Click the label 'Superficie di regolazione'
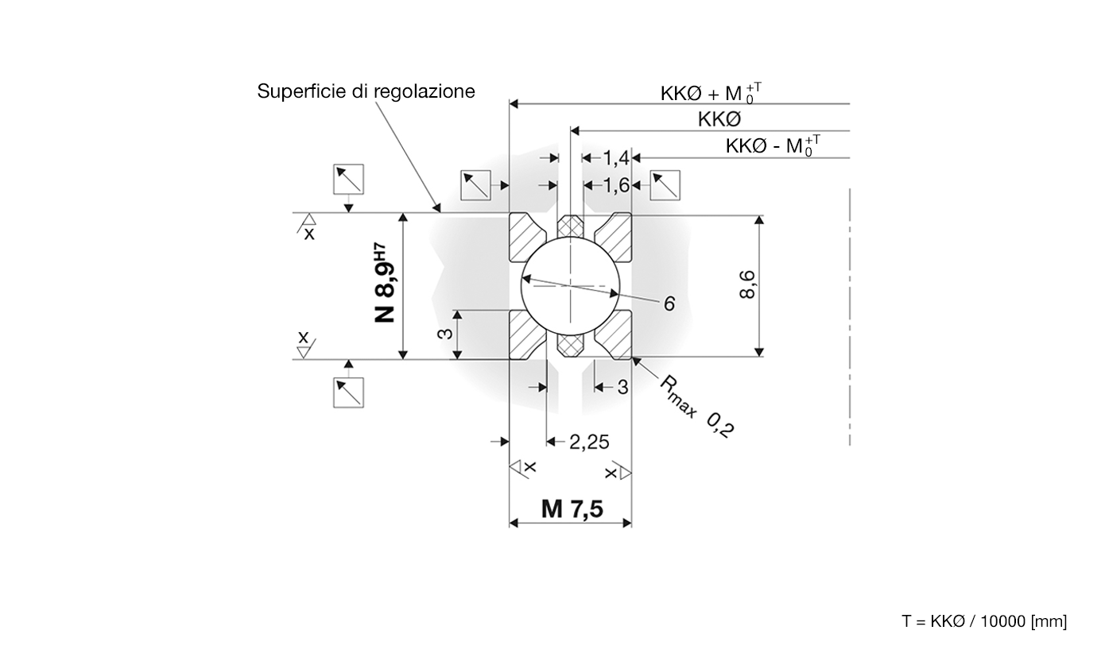click(x=366, y=91)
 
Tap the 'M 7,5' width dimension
click(x=571, y=508)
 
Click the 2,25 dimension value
click(x=589, y=442)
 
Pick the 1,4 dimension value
click(x=615, y=159)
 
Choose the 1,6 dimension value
click(x=615, y=186)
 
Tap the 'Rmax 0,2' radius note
click(x=696, y=405)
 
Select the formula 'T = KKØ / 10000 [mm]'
click(x=984, y=621)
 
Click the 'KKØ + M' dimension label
click(x=710, y=93)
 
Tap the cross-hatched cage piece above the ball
click(x=571, y=227)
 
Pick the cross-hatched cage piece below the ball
click(x=571, y=343)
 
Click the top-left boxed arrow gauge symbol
click(x=348, y=180)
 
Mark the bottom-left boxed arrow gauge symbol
click(x=348, y=392)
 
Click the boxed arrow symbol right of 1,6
click(x=665, y=186)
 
